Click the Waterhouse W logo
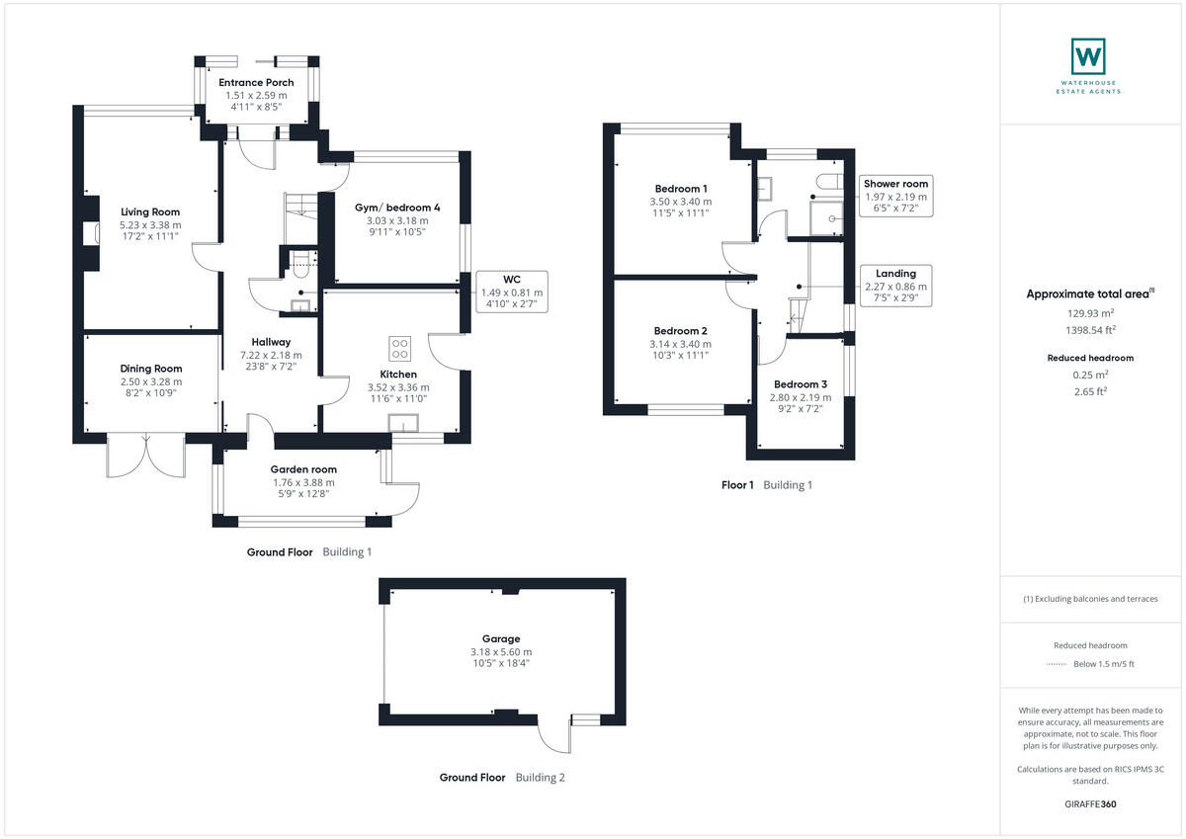pos(1088,56)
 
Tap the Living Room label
pos(150,212)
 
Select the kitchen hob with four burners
pos(399,348)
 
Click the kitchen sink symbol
pos(403,424)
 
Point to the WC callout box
pos(512,292)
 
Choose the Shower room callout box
pos(895,196)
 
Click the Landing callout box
pos(895,286)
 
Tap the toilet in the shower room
pos(829,182)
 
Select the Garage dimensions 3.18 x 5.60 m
pos(501,652)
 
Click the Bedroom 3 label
pos(800,384)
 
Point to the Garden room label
pos(303,469)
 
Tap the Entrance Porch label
pos(256,83)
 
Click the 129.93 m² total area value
pos(1090,313)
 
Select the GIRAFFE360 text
pos(1090,804)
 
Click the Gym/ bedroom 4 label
pos(397,208)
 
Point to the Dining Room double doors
pos(146,456)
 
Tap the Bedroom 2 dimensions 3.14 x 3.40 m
pos(680,344)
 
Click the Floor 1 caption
pos(737,485)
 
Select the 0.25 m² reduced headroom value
pos(1090,375)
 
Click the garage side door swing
pos(554,734)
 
